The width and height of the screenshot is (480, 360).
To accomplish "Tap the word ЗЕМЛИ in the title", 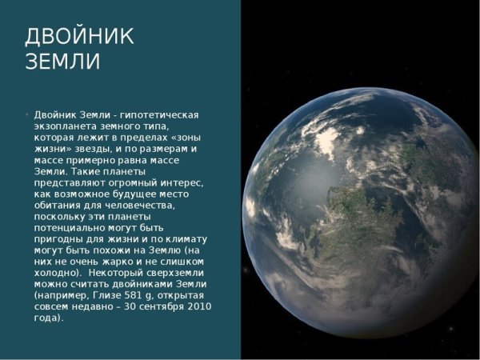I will (x=63, y=62).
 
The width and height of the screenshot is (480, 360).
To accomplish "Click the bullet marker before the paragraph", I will (x=27, y=114).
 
